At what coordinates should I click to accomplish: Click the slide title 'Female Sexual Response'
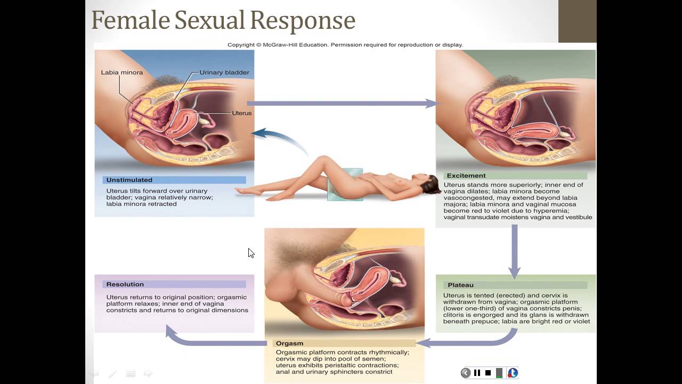(x=223, y=21)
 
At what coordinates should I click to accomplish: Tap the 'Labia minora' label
(x=122, y=73)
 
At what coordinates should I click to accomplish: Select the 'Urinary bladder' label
(x=224, y=73)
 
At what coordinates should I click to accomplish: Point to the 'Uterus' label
(x=242, y=113)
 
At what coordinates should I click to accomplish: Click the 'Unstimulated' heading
(x=129, y=180)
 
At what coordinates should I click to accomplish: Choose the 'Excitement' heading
(x=466, y=175)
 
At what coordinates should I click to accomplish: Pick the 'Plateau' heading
(x=460, y=285)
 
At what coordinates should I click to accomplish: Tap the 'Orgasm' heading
(x=289, y=343)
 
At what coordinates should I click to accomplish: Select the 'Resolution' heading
(x=125, y=284)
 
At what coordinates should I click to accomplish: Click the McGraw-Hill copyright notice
(x=345, y=45)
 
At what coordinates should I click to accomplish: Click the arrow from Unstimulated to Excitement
(x=343, y=103)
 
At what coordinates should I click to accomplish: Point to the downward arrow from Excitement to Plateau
(x=515, y=251)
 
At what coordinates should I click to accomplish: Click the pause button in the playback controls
(x=477, y=373)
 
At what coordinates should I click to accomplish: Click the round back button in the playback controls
(x=466, y=373)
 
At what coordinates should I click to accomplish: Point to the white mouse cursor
(x=251, y=253)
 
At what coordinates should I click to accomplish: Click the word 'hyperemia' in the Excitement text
(x=551, y=211)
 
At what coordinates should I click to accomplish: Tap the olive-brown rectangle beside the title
(x=577, y=21)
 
